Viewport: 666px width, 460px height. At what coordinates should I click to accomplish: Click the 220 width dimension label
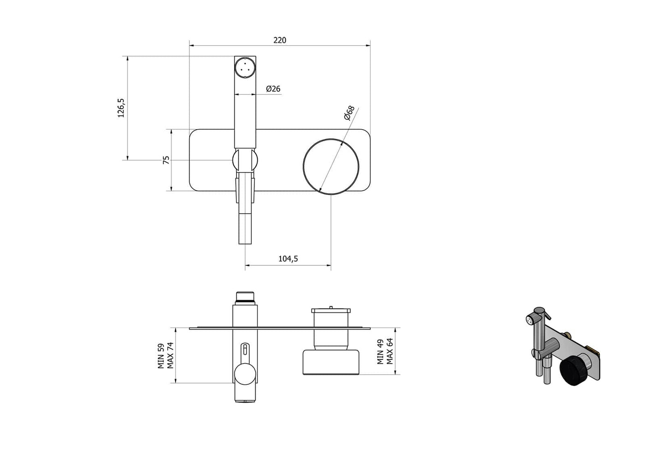tap(279, 40)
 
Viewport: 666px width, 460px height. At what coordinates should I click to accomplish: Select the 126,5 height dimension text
tap(121, 108)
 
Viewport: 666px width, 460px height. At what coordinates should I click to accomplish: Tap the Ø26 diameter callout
tap(273, 89)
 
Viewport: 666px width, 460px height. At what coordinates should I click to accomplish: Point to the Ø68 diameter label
tap(349, 113)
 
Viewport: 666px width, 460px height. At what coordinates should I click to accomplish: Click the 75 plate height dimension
tap(166, 160)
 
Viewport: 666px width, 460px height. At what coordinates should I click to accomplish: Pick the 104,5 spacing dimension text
tap(288, 259)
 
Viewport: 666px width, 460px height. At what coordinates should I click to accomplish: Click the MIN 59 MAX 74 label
tap(165, 355)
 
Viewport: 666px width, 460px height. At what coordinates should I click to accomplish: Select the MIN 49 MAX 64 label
tap(385, 351)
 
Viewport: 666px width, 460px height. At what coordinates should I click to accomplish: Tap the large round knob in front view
tap(330, 167)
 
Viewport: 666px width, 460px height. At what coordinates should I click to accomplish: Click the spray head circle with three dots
tap(245, 67)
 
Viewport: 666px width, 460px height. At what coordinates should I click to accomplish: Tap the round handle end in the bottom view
tap(245, 374)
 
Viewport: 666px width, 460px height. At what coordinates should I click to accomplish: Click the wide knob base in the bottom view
tap(330, 362)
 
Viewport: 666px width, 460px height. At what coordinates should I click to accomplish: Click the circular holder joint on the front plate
tap(245, 160)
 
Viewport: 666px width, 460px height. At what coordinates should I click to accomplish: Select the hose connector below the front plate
tap(245, 228)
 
